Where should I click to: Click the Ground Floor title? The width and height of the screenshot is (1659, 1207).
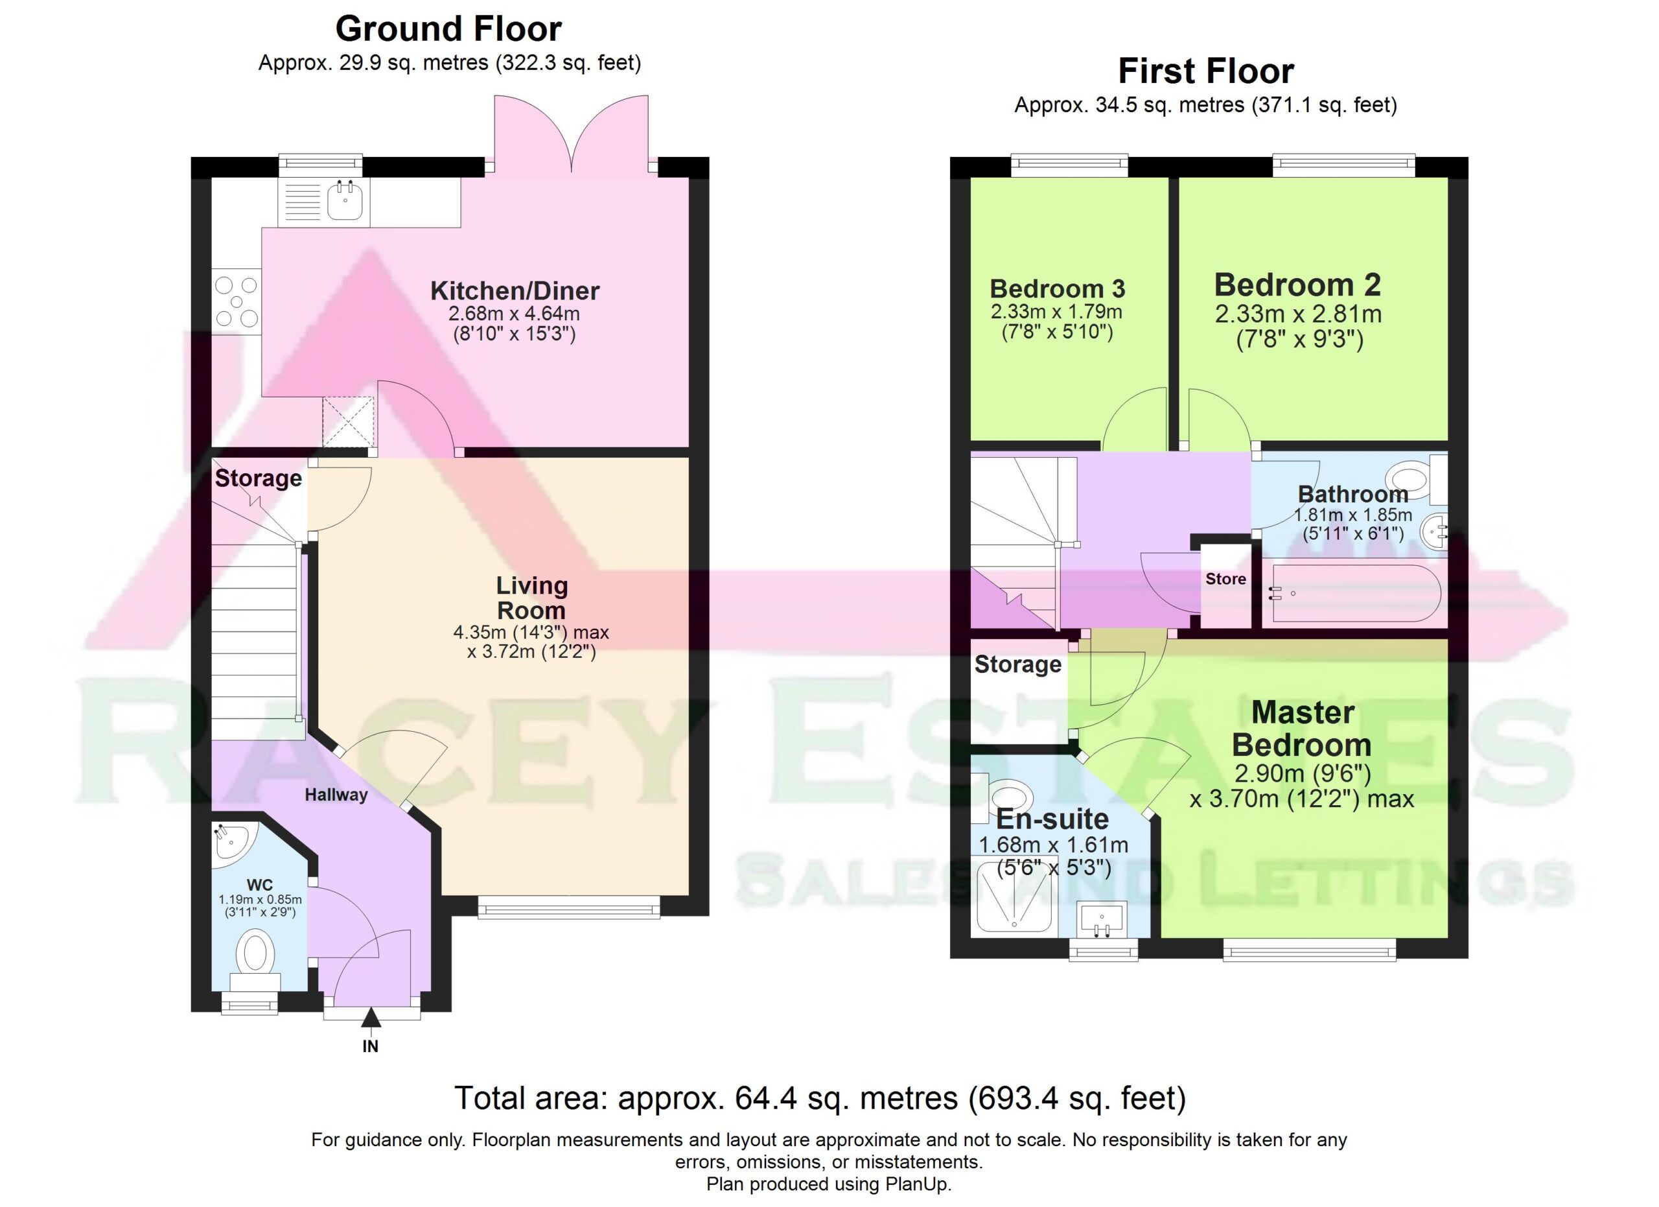click(x=448, y=29)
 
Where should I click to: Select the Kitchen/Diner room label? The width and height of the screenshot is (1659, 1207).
click(x=515, y=291)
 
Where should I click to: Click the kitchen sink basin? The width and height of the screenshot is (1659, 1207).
click(x=345, y=200)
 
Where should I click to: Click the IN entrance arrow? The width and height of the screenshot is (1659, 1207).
click(x=371, y=1018)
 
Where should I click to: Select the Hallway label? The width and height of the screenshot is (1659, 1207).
click(x=336, y=795)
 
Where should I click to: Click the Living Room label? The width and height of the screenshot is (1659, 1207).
click(x=532, y=598)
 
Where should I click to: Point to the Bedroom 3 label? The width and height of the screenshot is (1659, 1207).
click(x=1057, y=289)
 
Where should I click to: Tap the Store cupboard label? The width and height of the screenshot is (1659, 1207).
click(x=1226, y=579)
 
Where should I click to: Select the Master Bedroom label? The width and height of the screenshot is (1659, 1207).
click(x=1302, y=729)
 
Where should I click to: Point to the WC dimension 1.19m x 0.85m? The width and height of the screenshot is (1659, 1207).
click(x=261, y=900)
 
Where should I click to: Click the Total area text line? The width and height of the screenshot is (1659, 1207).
click(x=820, y=1098)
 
